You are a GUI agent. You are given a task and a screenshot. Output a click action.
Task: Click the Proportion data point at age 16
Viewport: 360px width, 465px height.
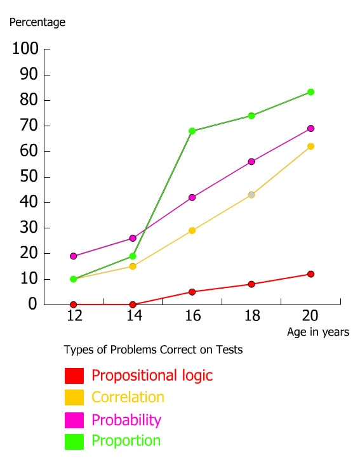pos(192,131)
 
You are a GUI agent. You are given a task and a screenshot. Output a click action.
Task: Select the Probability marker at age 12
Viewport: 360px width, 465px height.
pos(74,256)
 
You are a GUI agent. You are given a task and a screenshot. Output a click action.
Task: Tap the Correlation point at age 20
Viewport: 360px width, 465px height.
pos(310,147)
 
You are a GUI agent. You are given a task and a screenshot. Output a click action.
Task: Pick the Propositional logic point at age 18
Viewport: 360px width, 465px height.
pos(251,284)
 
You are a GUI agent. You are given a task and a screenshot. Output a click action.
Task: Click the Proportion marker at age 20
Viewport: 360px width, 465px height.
pos(311,92)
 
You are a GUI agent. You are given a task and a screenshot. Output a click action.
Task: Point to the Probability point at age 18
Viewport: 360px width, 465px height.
pos(251,162)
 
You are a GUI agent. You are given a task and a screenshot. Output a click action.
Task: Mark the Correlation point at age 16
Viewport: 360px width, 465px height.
pos(192,230)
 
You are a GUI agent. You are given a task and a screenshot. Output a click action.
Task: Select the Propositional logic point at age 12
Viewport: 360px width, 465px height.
pos(74,305)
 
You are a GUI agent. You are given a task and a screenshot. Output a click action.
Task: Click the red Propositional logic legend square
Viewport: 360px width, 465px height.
pos(74,376)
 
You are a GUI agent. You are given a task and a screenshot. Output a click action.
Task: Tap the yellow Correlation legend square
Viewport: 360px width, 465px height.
pos(74,398)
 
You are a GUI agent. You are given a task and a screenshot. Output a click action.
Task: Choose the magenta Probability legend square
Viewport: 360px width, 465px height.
pos(74,420)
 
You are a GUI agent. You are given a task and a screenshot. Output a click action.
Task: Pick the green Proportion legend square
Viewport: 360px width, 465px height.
pos(74,441)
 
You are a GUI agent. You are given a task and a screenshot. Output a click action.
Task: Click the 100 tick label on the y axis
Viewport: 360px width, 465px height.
pos(25,49)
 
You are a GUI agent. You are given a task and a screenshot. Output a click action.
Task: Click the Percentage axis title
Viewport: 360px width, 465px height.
pos(37,23)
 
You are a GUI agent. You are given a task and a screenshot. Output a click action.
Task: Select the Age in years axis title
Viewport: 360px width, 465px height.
pos(318,332)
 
